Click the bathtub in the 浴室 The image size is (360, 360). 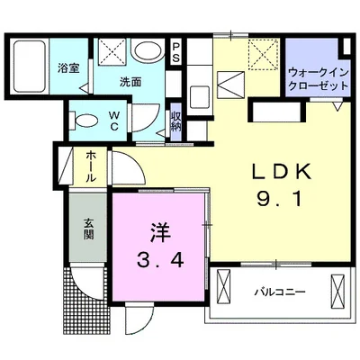click(30, 66)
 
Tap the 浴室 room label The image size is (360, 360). click(68, 68)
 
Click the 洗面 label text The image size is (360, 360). click(130, 82)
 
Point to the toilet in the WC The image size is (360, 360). click(84, 121)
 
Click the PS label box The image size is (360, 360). click(175, 51)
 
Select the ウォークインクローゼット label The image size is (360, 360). click(319, 79)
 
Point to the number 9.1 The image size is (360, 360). click(279, 199)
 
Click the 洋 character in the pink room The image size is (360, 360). click(160, 233)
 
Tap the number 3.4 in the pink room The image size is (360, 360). click(160, 259)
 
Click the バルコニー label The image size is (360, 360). click(280, 292)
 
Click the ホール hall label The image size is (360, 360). click(91, 166)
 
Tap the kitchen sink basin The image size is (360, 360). click(200, 97)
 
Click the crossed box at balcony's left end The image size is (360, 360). click(224, 286)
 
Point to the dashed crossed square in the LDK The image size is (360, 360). click(263, 55)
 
